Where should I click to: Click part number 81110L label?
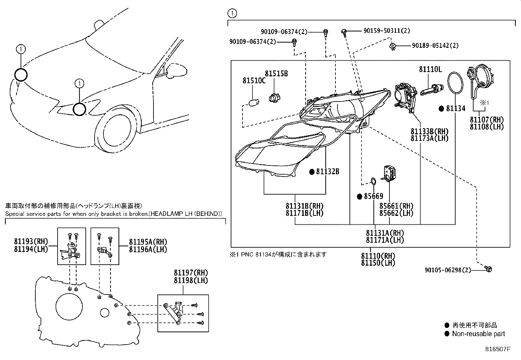click(x=430, y=69)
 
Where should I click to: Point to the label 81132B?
click(x=327, y=171)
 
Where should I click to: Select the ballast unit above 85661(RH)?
click(x=389, y=173)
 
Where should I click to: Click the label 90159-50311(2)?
click(x=386, y=31)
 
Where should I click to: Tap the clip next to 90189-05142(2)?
click(x=392, y=46)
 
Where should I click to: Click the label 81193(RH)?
click(x=31, y=242)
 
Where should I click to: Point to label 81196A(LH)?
click(x=148, y=249)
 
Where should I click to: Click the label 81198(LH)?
click(x=191, y=280)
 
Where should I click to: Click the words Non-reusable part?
click(x=478, y=334)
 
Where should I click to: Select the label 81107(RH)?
click(x=487, y=120)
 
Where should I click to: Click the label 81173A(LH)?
click(x=429, y=138)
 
